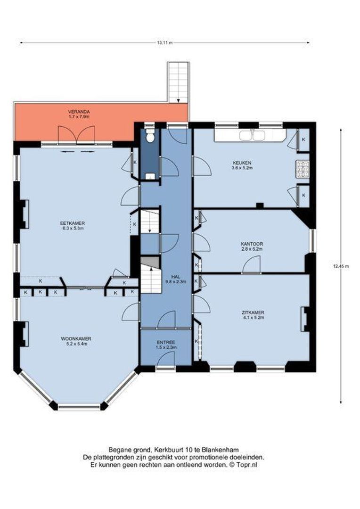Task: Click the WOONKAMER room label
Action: click(x=75, y=338)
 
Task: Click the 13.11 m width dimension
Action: click(x=164, y=42)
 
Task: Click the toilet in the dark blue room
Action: click(x=149, y=137)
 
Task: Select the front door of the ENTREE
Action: click(x=165, y=361)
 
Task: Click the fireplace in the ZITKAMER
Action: click(x=306, y=318)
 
